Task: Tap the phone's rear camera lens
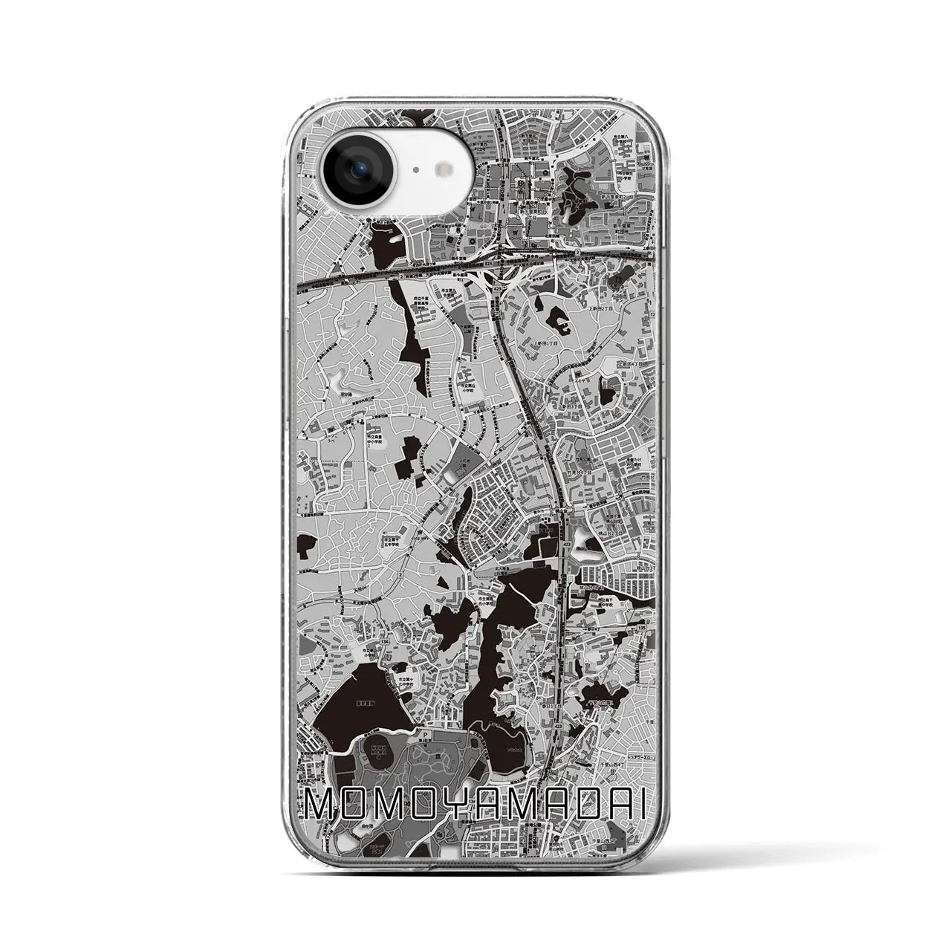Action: [x=353, y=168]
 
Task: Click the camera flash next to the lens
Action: [x=447, y=169]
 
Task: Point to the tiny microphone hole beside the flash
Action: [x=415, y=170]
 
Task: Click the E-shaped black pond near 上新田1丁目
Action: [x=556, y=320]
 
